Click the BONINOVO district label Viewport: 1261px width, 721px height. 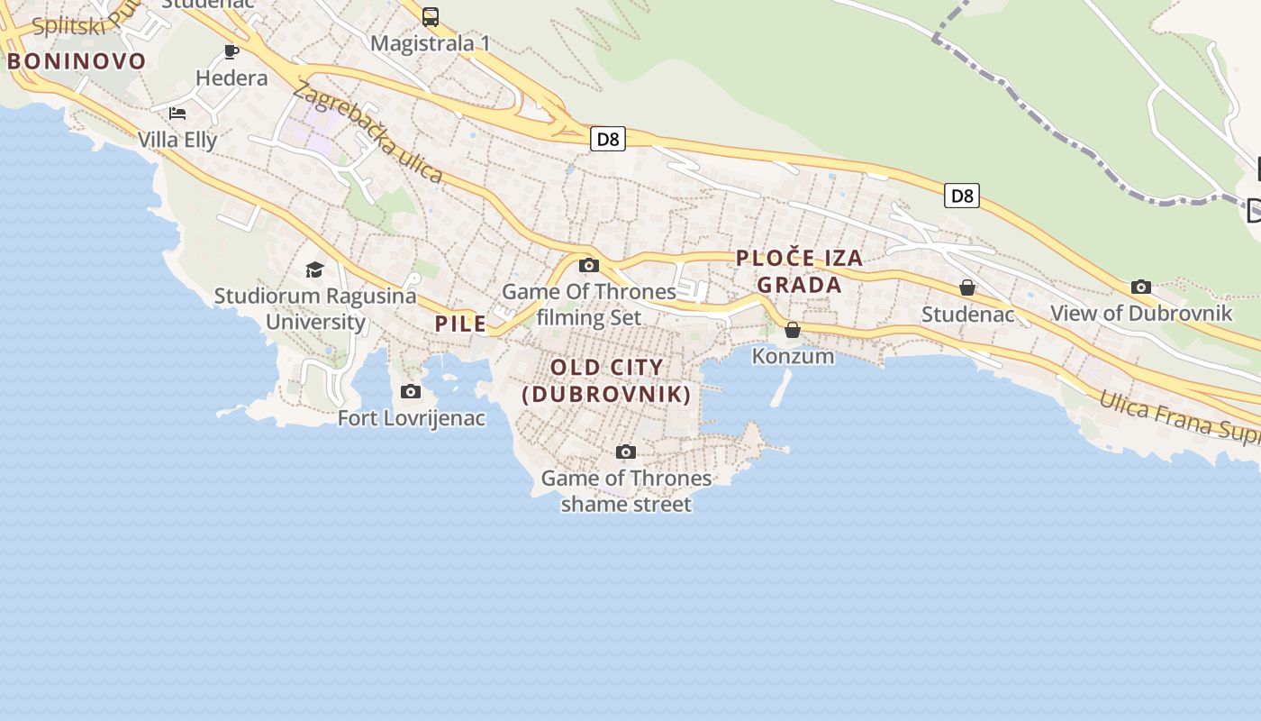tap(77, 61)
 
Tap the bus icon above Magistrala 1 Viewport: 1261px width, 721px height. tap(431, 16)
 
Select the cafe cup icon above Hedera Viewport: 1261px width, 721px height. tap(231, 51)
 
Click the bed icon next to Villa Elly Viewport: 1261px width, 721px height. tap(177, 114)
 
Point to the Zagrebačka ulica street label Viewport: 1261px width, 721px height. tap(367, 132)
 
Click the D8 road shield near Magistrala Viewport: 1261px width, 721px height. tap(609, 139)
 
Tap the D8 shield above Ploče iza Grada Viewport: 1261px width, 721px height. tap(962, 196)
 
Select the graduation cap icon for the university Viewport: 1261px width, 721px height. tap(314, 269)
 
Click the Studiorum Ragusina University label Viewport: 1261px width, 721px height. tap(315, 308)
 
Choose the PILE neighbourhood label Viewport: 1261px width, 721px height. tap(460, 324)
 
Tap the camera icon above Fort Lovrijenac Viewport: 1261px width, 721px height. tap(411, 391)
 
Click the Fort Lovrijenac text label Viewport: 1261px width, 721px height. tap(411, 418)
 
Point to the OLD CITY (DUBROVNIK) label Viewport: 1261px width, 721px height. tap(607, 380)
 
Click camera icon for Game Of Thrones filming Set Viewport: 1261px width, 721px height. tap(589, 265)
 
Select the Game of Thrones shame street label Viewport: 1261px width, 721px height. tap(626, 490)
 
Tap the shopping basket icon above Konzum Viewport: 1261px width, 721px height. tap(793, 330)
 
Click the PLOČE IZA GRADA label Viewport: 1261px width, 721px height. tap(800, 271)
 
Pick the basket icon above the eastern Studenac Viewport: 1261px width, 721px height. tap(967, 287)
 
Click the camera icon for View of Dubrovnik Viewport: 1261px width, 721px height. tap(1141, 287)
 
